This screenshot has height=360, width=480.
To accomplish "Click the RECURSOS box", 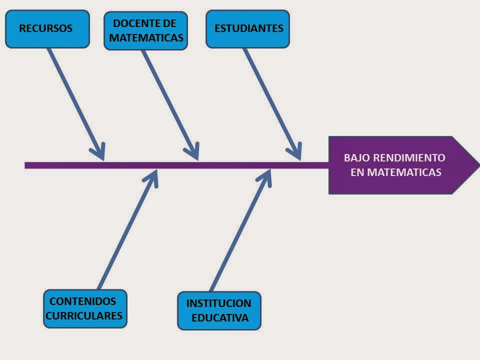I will click(x=47, y=29).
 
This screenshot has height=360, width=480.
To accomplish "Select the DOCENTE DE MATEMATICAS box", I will click(x=145, y=31).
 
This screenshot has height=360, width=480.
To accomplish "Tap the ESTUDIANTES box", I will click(x=248, y=29).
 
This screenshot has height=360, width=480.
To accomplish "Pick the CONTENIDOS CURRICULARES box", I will click(x=85, y=309).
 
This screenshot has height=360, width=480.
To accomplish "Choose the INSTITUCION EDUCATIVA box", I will click(x=219, y=311).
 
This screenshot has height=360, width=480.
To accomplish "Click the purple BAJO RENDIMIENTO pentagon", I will click(x=395, y=165).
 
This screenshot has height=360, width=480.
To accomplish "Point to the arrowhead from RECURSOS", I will click(x=100, y=152).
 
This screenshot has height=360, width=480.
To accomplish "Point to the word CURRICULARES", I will click(x=84, y=316).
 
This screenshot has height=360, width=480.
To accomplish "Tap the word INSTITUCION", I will click(x=218, y=303).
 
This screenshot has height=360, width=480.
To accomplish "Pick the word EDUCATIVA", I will click(x=220, y=318).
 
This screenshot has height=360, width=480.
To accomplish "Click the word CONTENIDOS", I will click(x=83, y=301).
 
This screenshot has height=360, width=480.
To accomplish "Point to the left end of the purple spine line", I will click(x=26, y=165).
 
